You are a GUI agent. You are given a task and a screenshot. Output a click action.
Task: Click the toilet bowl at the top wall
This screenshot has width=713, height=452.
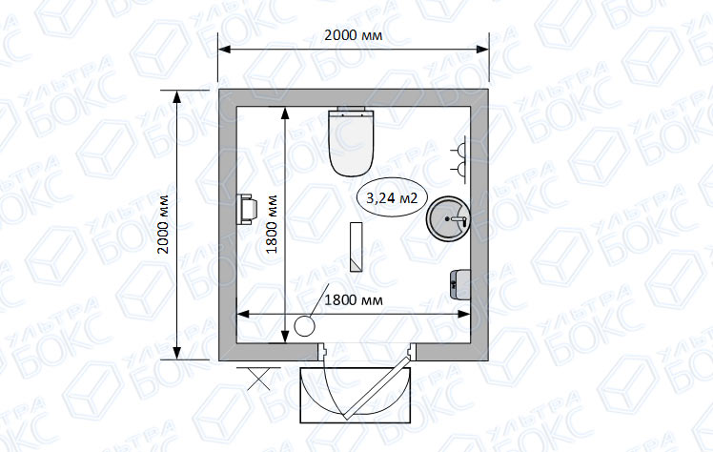click(352, 143)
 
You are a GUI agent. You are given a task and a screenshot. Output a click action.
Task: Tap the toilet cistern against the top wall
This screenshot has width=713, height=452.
click(352, 108)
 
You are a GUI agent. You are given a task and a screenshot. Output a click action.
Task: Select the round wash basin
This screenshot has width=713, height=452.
click(448, 218)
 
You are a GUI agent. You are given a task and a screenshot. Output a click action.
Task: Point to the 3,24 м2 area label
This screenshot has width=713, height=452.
click(392, 197)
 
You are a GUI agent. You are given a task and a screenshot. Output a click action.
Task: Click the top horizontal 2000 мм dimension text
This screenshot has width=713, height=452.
click(354, 35)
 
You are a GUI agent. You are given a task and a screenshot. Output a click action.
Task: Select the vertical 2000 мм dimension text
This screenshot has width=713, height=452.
click(163, 224)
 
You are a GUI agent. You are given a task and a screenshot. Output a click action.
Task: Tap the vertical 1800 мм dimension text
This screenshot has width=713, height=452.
click(272, 224)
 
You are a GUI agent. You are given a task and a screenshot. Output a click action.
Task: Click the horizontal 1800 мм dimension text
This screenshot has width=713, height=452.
click(354, 300)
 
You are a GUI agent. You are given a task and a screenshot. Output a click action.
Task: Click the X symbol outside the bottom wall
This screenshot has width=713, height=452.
click(258, 379)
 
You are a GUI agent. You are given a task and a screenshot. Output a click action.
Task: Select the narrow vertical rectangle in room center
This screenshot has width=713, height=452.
click(356, 247)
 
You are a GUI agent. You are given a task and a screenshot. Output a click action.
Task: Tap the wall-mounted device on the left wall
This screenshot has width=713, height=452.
click(247, 209)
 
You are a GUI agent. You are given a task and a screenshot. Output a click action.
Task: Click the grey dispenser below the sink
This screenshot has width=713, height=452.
click(459, 284)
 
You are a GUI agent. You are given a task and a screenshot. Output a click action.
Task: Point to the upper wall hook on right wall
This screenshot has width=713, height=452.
click(459, 149)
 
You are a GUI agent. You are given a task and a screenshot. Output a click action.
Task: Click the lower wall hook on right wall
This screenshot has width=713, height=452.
click(459, 169)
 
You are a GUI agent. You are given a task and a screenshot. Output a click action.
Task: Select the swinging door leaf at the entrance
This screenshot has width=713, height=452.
click(377, 387)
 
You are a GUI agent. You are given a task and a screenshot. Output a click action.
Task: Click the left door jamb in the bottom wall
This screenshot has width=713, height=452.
click(321, 351)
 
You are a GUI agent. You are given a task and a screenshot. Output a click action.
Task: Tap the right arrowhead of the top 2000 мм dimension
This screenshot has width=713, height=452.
click(482, 50)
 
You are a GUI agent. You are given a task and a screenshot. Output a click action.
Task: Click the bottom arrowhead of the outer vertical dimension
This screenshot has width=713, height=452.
click(177, 353)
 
